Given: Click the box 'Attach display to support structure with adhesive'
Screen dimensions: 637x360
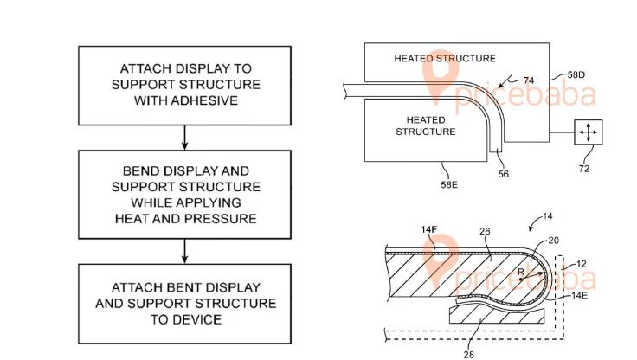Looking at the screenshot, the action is coord(184,86).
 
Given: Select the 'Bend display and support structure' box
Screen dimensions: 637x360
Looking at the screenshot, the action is coord(184,194).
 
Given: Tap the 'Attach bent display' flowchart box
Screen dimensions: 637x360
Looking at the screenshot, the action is coord(184,304).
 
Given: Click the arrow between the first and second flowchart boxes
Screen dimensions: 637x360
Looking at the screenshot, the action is coord(185,138).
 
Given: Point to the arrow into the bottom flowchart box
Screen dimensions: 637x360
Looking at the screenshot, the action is coord(185,251).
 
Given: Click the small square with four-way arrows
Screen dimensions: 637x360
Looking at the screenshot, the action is coord(589,132).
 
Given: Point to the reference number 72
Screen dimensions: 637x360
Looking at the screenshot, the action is coord(584,169).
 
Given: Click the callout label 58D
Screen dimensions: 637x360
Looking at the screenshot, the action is coord(576,74).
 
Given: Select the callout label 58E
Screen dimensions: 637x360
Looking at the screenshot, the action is coord(449,184).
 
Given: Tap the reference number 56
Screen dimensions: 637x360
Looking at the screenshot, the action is coord(504,174).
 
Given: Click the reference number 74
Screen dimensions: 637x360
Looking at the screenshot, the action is coord(529,80).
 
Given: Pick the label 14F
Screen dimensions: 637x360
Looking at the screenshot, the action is coord(428,229).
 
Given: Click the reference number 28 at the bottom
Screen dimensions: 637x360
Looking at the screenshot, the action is coord(469,355).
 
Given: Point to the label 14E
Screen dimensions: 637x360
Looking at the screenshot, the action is coord(579,295).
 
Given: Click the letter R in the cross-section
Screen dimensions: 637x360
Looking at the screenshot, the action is coord(521,272).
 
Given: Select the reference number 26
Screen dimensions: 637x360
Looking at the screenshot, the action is coord(485,231).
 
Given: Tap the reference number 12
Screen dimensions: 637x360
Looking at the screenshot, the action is coord(582,264).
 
